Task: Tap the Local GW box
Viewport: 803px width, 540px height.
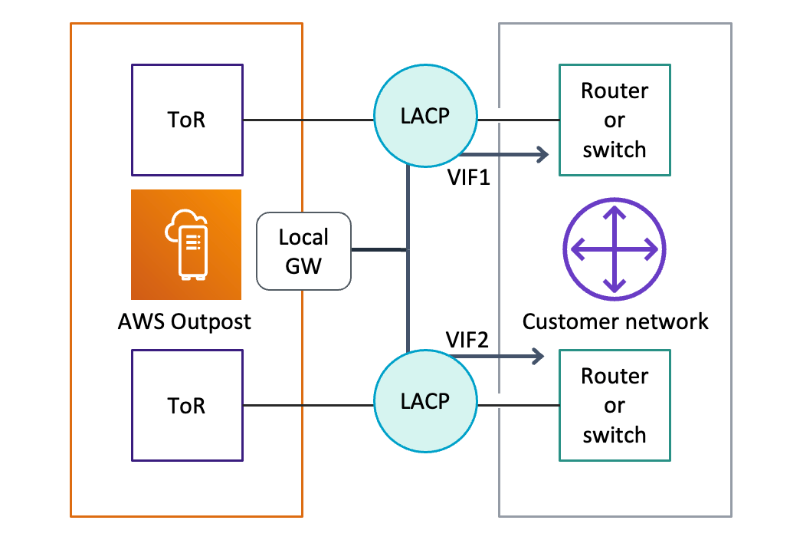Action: click(303, 252)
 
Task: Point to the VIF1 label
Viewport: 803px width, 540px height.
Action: click(469, 177)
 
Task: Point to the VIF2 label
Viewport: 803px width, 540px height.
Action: click(467, 340)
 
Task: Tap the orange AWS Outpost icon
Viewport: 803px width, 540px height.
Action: click(186, 245)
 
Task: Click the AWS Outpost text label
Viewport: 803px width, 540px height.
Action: click(185, 322)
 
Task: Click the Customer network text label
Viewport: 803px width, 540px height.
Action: click(615, 321)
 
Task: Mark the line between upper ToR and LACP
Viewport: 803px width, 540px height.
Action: click(308, 120)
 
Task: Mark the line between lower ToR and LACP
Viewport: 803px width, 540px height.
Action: click(308, 405)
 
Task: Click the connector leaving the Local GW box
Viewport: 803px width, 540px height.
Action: click(379, 250)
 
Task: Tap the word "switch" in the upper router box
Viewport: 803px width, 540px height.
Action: click(615, 150)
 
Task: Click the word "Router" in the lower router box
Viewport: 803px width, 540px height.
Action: click(615, 377)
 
